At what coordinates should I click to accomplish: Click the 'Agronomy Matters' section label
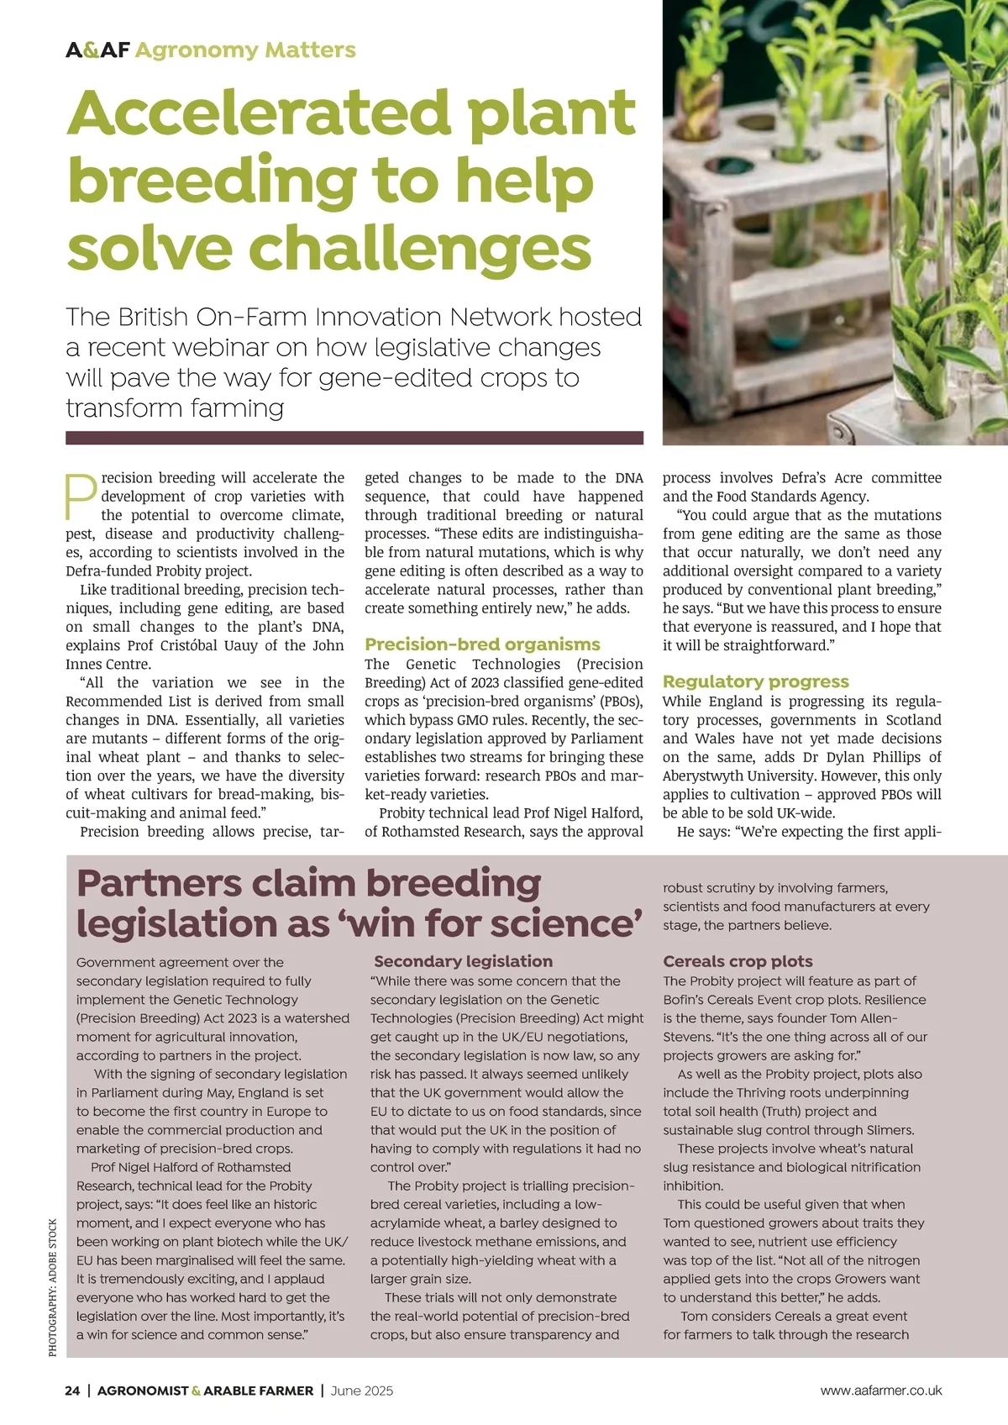(245, 50)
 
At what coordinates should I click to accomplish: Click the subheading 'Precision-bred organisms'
(482, 644)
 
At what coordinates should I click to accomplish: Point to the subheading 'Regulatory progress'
(755, 681)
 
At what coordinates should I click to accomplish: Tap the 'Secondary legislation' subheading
(463, 961)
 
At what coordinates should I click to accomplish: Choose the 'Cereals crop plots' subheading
(738, 961)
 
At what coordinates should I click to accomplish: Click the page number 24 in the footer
(72, 1391)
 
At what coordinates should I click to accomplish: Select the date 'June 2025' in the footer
(361, 1391)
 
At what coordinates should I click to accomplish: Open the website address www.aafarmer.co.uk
(881, 1391)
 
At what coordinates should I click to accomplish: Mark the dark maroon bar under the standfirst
(354, 438)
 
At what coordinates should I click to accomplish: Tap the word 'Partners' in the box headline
(159, 884)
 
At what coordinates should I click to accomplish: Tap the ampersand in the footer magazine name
(197, 1391)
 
